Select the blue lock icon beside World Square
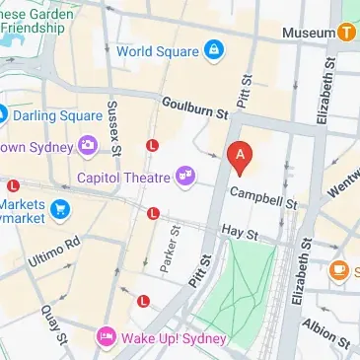[x=212, y=49]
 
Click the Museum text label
[x=308, y=33]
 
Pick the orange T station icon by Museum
[x=346, y=33]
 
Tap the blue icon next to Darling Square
[x=3, y=114]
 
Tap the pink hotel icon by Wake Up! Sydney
[x=107, y=338]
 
